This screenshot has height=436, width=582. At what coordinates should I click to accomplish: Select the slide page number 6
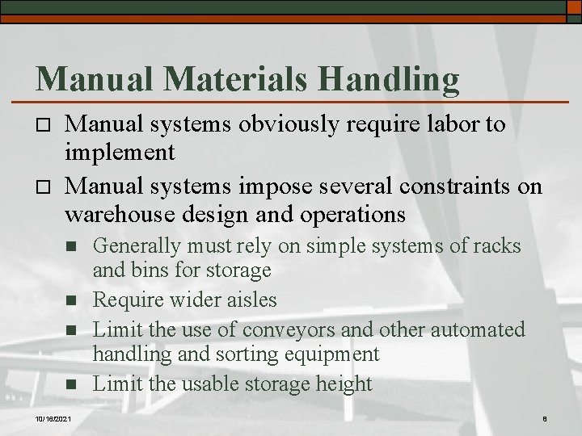tap(546, 417)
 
